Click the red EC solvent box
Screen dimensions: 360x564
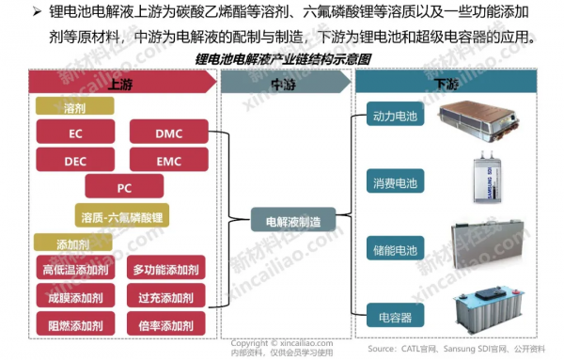(x=74, y=134)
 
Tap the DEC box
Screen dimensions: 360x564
(x=74, y=161)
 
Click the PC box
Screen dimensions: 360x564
(x=123, y=187)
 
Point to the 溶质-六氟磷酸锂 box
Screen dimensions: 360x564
(x=123, y=216)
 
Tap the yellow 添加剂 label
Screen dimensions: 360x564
(x=70, y=243)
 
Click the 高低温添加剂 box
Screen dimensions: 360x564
(x=74, y=271)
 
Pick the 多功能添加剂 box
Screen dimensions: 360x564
(x=164, y=271)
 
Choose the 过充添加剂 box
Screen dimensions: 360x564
(x=164, y=298)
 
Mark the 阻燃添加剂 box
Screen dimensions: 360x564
(x=74, y=325)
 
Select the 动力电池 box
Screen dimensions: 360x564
(x=395, y=117)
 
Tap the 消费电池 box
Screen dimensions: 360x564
(x=395, y=183)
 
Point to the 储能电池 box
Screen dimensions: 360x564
(x=395, y=250)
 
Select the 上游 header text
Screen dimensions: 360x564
(x=120, y=83)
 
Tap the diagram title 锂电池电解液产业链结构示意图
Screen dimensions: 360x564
(x=283, y=58)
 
